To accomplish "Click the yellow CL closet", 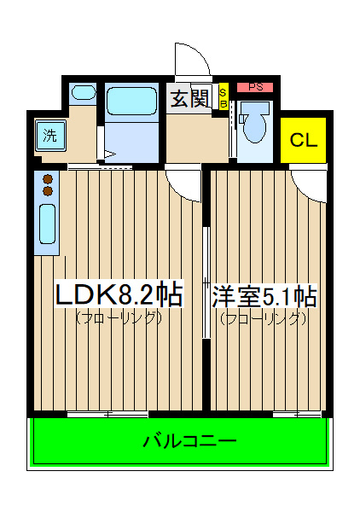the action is tap(303, 140).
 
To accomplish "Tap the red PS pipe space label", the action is tap(255, 87).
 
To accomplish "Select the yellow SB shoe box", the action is tap(224, 96).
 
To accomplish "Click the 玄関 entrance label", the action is tap(190, 99).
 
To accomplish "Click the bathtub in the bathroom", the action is tap(131, 101).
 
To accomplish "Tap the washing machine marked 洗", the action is tap(50, 136).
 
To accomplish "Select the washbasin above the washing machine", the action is tap(84, 92).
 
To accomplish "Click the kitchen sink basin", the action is tap(47, 224).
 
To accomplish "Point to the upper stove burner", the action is tap(48, 179).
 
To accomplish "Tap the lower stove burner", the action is tap(48, 191).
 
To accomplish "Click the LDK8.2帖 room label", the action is tap(119, 295).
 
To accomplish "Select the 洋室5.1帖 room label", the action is tap(264, 296).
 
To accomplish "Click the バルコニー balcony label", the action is tap(190, 441).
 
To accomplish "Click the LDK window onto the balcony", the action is tap(107, 415).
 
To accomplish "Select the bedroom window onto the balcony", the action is tap(297, 415).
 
